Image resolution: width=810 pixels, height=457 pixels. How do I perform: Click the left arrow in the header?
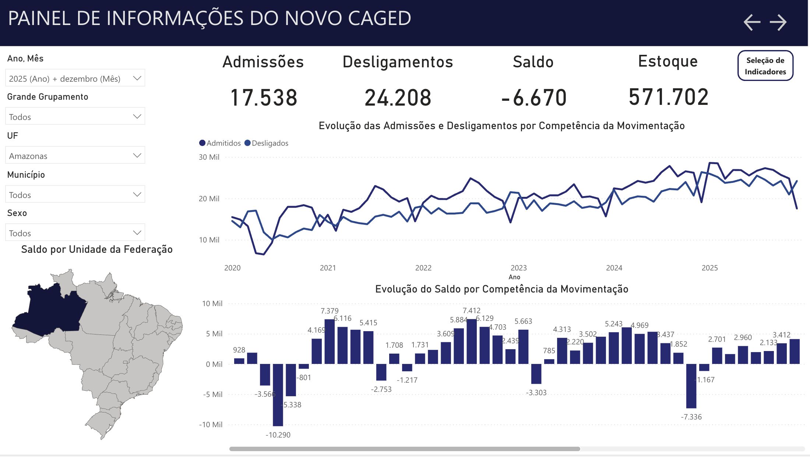pos(752,22)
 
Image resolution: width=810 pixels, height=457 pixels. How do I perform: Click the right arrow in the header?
pos(778,22)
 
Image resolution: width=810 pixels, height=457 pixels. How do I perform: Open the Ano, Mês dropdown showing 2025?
pos(75,78)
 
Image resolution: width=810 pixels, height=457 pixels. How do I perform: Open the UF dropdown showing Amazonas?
pos(75,156)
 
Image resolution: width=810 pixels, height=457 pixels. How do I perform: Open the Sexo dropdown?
pos(75,233)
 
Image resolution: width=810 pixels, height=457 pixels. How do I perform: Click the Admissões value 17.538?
pos(264,98)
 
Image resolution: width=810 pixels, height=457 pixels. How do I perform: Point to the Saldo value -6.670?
pos(533,98)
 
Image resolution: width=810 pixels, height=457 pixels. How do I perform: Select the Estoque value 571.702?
pos(668,97)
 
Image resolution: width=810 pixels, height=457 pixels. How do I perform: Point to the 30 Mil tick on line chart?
pos(209,157)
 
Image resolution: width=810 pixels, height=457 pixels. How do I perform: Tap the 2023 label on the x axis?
pos(518,268)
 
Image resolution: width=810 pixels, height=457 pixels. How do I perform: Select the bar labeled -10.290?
pos(278,394)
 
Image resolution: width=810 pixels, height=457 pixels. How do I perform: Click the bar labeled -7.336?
pos(691,386)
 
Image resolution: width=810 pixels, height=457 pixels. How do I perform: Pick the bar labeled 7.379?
pos(330,341)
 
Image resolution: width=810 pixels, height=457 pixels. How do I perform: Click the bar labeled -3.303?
pos(536,373)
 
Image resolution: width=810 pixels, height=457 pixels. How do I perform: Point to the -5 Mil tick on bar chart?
pos(212,394)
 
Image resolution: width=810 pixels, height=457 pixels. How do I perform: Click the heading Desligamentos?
pos(398,62)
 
